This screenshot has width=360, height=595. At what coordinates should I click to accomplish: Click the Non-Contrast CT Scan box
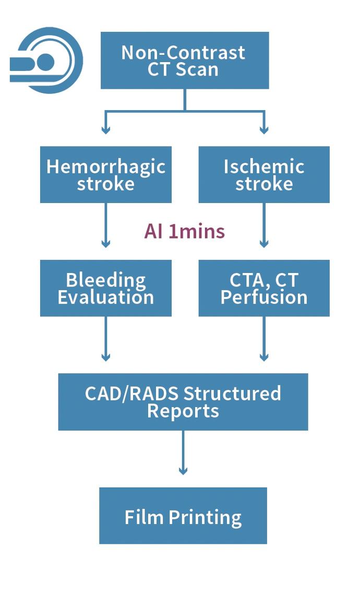pyautogui.click(x=185, y=61)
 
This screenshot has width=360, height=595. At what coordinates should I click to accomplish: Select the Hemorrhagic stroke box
pyautogui.click(x=106, y=174)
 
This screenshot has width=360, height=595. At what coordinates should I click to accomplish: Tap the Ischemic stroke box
pyautogui.click(x=264, y=174)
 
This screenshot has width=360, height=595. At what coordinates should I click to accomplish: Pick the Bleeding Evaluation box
pyautogui.click(x=106, y=288)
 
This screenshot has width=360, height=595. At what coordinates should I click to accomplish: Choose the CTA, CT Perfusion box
pyautogui.click(x=264, y=288)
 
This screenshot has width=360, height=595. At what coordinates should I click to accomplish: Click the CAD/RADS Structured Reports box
pyautogui.click(x=183, y=402)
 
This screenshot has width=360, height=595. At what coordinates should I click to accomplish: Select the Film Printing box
pyautogui.click(x=183, y=516)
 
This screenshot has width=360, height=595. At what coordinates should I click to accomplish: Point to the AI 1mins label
pyautogui.click(x=184, y=231)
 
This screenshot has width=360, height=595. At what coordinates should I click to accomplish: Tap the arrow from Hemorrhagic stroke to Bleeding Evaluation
pyautogui.click(x=106, y=225)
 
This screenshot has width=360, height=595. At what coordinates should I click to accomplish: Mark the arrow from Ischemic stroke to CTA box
pyautogui.click(x=264, y=225)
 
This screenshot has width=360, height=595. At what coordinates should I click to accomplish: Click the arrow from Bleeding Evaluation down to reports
pyautogui.click(x=106, y=339)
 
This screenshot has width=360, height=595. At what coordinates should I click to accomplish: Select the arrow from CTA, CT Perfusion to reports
pyautogui.click(x=264, y=339)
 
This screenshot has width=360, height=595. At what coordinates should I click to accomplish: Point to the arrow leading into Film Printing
pyautogui.click(x=183, y=453)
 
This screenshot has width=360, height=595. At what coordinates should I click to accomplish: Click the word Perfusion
pyautogui.click(x=264, y=297)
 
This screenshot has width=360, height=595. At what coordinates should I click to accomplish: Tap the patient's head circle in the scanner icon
pyautogui.click(x=45, y=62)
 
